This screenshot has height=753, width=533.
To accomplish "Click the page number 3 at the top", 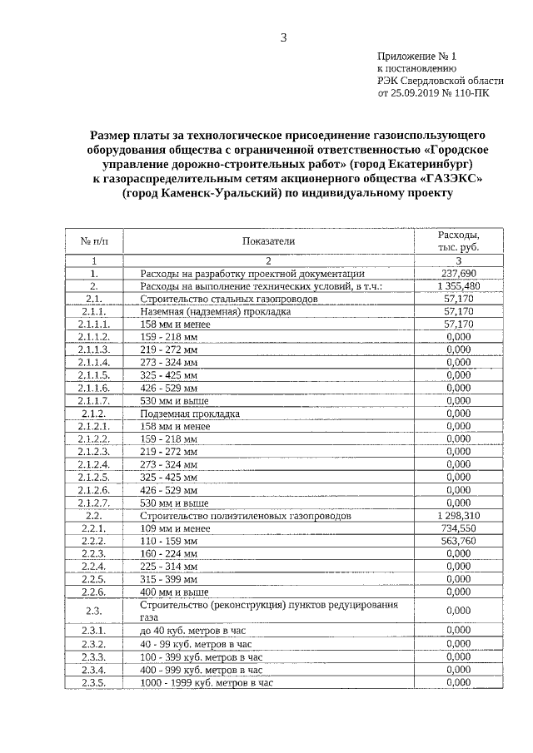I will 283,37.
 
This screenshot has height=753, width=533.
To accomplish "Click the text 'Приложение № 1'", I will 417,57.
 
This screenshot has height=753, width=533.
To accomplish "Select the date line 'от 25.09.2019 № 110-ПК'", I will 434,94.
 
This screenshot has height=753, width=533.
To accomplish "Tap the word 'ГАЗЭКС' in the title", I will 451,178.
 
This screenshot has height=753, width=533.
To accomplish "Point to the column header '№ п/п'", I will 94,241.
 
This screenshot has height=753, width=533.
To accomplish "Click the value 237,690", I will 459,273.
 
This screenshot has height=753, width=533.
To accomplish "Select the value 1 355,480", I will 458,285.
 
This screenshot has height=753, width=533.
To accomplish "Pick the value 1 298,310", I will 458,516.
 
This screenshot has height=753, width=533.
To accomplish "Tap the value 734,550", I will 459,528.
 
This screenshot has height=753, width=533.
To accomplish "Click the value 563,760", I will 459,541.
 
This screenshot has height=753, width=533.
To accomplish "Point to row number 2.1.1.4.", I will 94,362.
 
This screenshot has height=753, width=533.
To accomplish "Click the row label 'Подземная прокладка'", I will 191,413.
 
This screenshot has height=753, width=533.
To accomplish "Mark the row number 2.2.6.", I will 94,592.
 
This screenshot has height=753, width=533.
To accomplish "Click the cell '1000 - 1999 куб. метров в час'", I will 207,682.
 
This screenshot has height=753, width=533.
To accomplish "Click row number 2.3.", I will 94,611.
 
